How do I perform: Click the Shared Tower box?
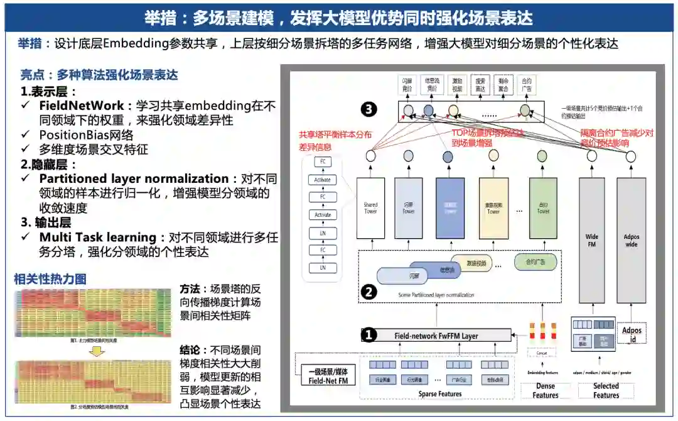[x=370, y=208]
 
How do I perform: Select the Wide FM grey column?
[x=592, y=239]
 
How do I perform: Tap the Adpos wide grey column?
[x=631, y=239]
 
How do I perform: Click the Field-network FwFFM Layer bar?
[x=436, y=336]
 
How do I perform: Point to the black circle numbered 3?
[x=370, y=110]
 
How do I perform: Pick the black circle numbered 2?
[x=370, y=292]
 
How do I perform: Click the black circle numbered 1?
[x=370, y=335]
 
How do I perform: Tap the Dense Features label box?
[x=545, y=390]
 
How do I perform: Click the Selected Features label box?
[x=606, y=390]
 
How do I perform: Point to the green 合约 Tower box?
[x=543, y=208]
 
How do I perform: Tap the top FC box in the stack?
[x=323, y=162]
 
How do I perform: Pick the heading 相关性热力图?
[x=50, y=279]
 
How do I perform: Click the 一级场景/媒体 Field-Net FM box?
[x=328, y=376]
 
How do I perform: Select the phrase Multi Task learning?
[x=98, y=237]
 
